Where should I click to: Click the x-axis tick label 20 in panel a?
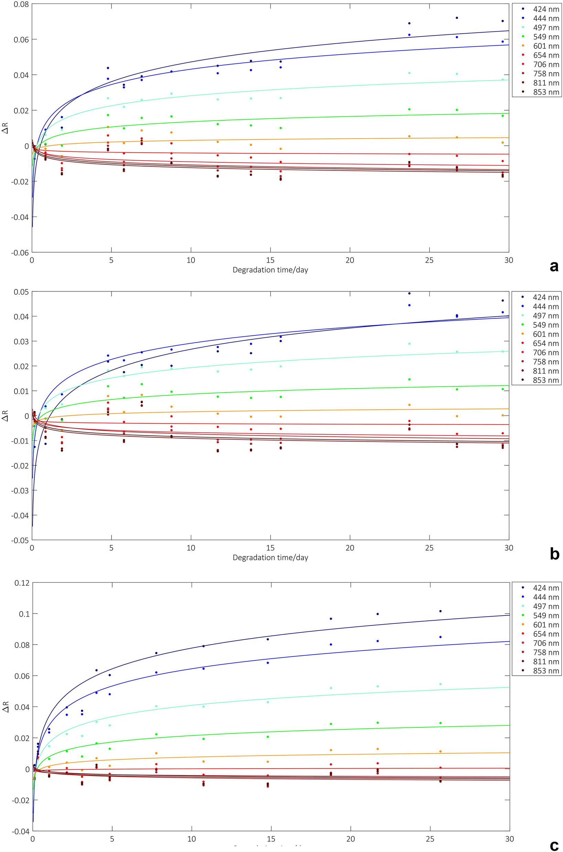350,260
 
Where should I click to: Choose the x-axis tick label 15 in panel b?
270,548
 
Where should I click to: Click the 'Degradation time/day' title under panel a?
270,270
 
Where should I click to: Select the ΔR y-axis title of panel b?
5,418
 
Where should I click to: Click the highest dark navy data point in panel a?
457,18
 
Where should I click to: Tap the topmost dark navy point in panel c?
440,611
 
